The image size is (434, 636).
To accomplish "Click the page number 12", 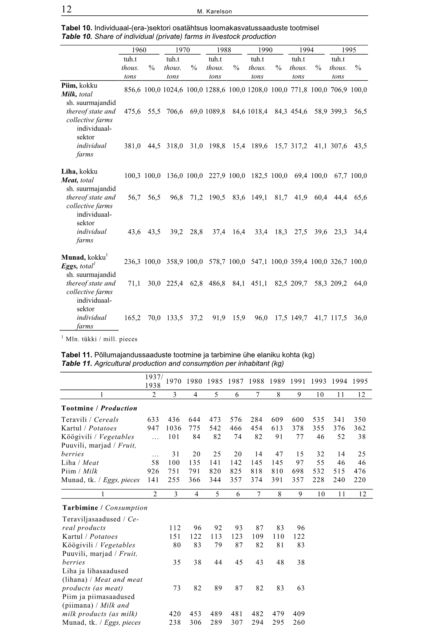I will point(67,9).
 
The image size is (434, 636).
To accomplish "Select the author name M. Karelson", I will point(214,12).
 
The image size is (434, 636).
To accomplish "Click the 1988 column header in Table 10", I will point(224,50).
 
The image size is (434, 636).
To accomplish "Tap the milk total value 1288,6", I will point(215,90).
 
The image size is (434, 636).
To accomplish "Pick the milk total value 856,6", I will point(132,90).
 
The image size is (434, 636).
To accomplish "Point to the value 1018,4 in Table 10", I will point(257,112).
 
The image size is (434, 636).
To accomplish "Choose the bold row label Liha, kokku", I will point(79,171).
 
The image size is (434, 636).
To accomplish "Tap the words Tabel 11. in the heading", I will point(76,355).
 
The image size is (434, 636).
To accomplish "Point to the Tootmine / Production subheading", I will point(99,408).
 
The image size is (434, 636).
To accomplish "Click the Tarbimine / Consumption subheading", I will point(105,508).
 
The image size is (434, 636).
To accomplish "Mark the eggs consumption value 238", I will point(175,623).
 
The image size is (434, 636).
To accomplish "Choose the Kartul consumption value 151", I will point(175,536).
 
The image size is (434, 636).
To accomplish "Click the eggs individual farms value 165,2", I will point(132,318).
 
